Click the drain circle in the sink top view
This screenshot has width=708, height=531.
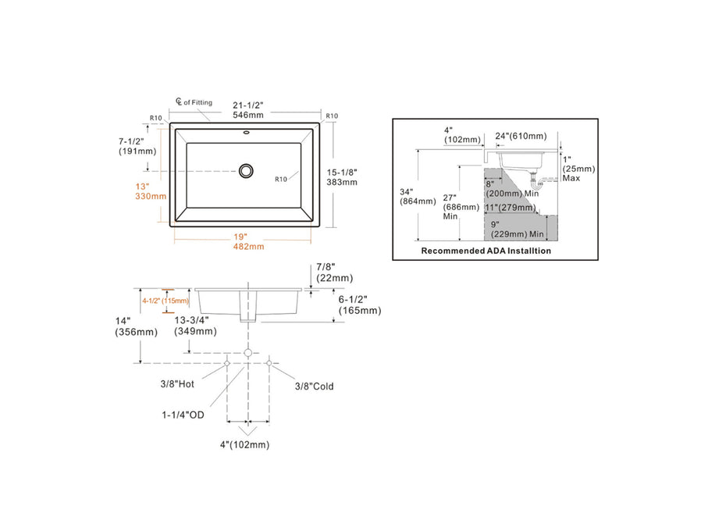(247, 169)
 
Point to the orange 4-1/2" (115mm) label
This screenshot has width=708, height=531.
(165, 301)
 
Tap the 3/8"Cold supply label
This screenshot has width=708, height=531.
(314, 386)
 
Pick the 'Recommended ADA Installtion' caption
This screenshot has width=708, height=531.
(486, 251)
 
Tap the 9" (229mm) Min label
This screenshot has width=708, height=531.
(516, 228)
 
